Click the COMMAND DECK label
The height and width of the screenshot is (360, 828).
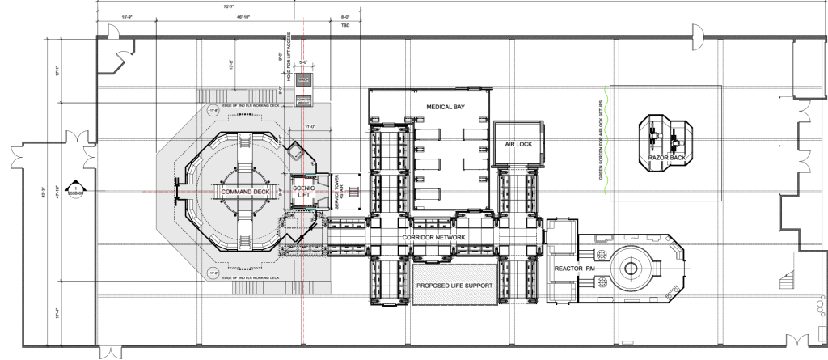242,191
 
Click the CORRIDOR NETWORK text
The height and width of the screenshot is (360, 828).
433,237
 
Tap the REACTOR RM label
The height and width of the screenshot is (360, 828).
574,266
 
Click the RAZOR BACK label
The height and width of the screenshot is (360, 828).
667,157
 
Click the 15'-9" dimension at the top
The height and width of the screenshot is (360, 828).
127,16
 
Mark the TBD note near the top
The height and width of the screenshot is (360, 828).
346,26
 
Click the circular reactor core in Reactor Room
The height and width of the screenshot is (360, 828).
630,267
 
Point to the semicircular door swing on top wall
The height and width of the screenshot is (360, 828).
695,33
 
